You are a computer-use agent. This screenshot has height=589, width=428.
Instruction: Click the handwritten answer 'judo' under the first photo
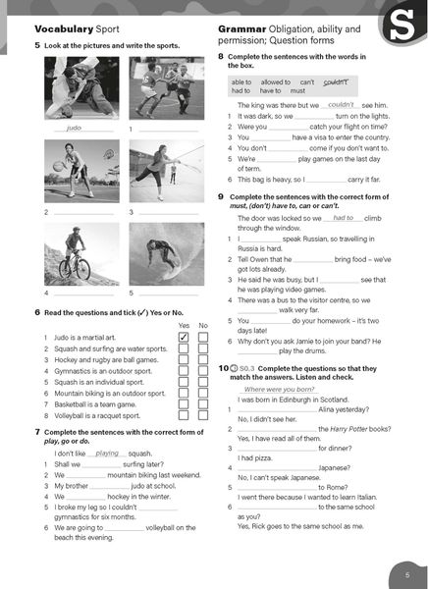[75, 129]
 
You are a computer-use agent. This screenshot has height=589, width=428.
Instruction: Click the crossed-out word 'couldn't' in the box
[335, 81]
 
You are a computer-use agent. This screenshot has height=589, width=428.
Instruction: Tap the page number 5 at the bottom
[407, 573]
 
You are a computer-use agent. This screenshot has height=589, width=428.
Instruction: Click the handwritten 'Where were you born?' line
[279, 389]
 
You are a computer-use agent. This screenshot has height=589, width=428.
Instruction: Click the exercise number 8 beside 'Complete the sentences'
[221, 58]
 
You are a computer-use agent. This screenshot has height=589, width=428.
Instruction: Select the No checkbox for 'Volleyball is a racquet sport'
[203, 415]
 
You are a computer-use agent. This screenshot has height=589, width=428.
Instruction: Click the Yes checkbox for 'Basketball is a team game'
[183, 403]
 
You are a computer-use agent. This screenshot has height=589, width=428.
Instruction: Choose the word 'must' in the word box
[296, 91]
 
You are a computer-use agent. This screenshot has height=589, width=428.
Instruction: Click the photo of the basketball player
[81, 173]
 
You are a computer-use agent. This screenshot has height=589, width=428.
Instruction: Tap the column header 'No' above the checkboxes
[202, 325]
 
